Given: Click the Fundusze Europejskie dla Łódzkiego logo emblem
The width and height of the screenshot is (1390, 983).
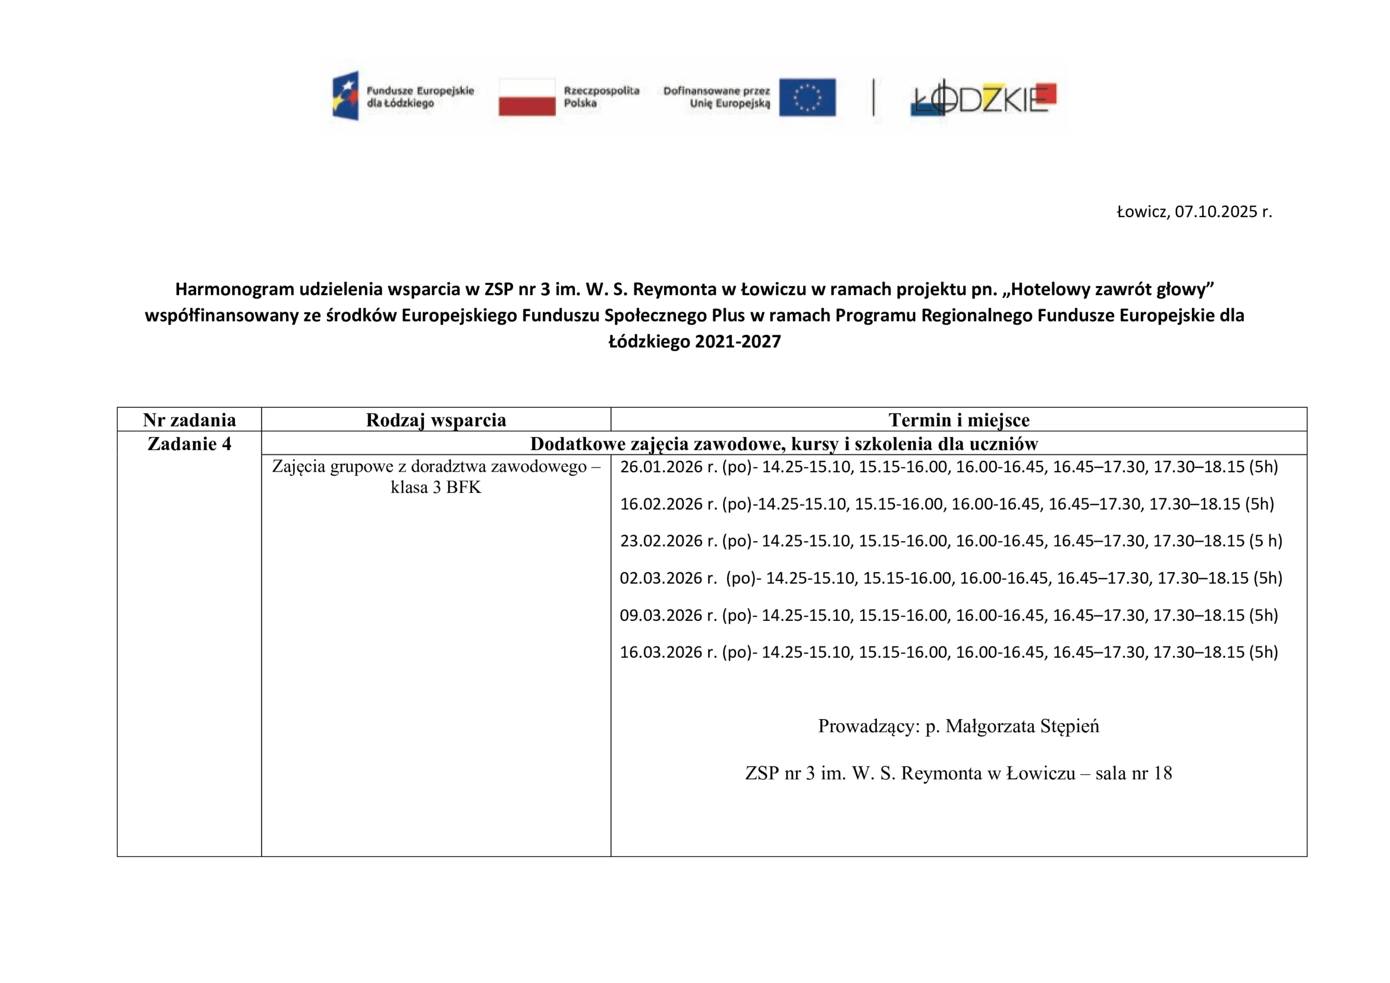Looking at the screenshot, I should (x=346, y=96).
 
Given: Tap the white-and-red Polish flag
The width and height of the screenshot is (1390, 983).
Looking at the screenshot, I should (x=527, y=97).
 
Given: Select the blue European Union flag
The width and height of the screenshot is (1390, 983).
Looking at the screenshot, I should (x=807, y=97).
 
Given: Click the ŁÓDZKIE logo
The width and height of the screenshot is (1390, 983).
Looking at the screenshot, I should (x=984, y=98).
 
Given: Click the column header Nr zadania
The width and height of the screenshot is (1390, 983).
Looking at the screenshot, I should (x=189, y=420).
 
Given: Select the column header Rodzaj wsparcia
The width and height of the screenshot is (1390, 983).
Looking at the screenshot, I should (x=436, y=420).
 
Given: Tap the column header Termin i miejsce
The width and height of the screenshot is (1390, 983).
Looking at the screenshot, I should (x=959, y=420).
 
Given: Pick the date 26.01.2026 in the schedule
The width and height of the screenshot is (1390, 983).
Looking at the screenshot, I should (x=661, y=467).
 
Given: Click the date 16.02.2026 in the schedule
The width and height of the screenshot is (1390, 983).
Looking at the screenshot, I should (x=661, y=504).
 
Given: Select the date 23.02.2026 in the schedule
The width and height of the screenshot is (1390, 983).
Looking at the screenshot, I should (x=661, y=541).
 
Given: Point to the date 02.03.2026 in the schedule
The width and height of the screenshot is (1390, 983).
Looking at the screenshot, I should (x=661, y=579).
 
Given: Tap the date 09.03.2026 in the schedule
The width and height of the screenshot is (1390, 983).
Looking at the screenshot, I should (x=661, y=616).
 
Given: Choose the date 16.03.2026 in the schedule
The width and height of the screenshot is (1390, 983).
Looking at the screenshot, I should (x=661, y=652).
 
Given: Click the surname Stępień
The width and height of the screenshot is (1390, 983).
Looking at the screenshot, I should (x=1069, y=726).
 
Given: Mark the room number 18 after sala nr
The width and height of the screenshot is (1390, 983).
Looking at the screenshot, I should (x=1163, y=773).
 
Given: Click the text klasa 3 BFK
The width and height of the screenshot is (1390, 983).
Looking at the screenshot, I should (x=436, y=488).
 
